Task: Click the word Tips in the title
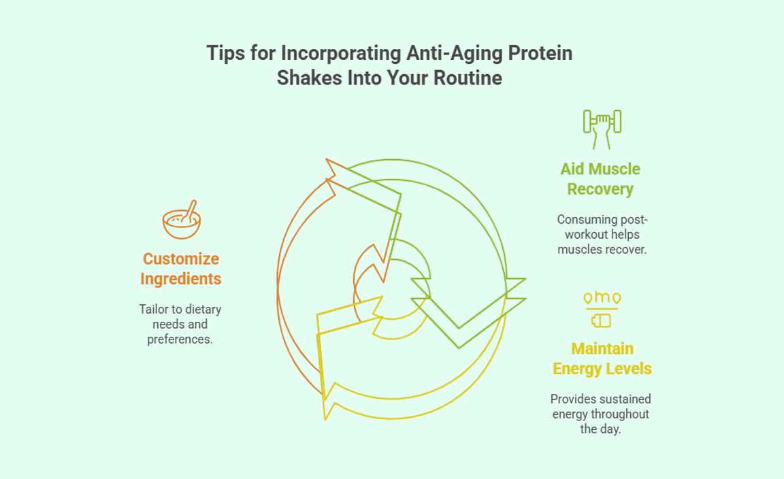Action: pos(225,53)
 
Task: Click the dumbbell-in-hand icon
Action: pos(602,129)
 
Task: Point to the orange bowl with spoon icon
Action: pos(182,220)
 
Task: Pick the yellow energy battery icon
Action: pos(602,310)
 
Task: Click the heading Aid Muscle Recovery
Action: pos(600,179)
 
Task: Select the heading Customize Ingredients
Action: pos(180,269)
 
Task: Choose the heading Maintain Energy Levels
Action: pos(602,359)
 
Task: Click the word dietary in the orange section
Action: pos(203,310)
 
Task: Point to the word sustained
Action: pos(625,399)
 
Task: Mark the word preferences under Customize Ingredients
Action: pos(180,340)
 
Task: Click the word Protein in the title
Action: pos(540,53)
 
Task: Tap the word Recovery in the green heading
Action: pos(600,189)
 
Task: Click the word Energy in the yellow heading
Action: pos(574,369)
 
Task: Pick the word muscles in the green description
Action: pos(576,250)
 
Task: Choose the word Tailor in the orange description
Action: pos(154,310)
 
